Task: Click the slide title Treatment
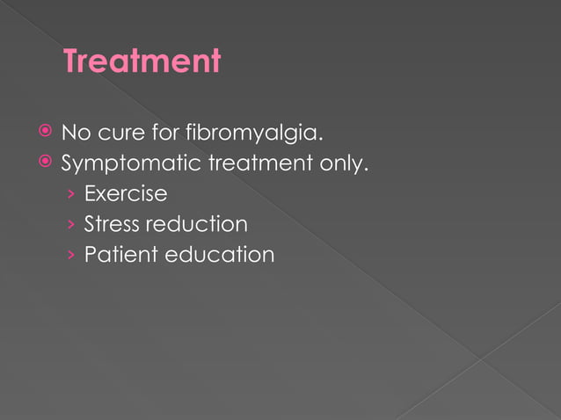142,62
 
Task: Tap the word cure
119,134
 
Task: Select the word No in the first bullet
74,134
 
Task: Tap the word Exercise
125,193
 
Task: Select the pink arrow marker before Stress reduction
71,225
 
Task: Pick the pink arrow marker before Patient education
71,256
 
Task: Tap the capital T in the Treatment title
73,62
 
